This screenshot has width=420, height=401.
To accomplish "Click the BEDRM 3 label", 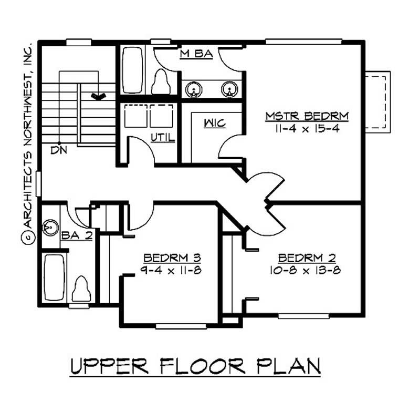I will [x=173, y=258].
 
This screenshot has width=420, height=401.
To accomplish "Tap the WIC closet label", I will [x=215, y=124].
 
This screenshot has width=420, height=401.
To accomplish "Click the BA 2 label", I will [x=77, y=235].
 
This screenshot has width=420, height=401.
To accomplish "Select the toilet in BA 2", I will [x=80, y=289].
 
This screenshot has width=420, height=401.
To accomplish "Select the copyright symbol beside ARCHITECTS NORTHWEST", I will [x=27, y=238].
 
